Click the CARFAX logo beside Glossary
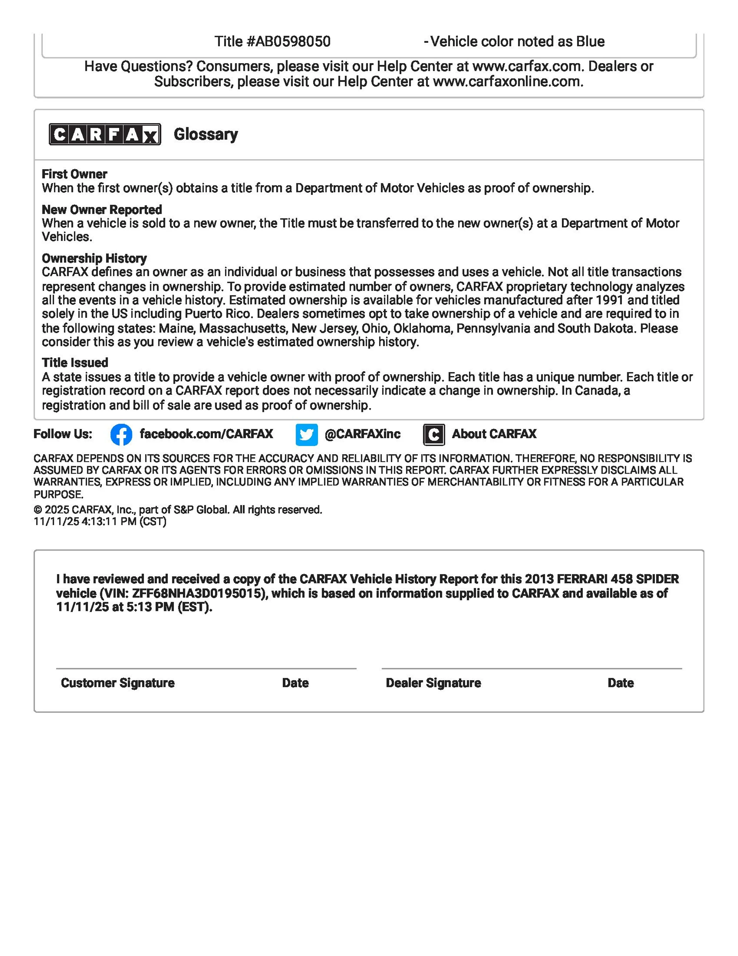click(105, 134)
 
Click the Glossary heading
click(206, 134)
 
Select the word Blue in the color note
click(590, 42)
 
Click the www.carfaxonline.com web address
click(507, 82)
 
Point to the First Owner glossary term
click(74, 174)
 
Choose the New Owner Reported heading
click(101, 210)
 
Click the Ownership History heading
click(94, 258)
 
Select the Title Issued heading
click(75, 363)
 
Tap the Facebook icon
click(121, 435)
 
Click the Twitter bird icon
click(306, 435)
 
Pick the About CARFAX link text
click(494, 434)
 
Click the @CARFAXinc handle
click(362, 434)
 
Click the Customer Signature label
click(117, 683)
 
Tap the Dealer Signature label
click(433, 683)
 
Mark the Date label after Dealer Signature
click(620, 683)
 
